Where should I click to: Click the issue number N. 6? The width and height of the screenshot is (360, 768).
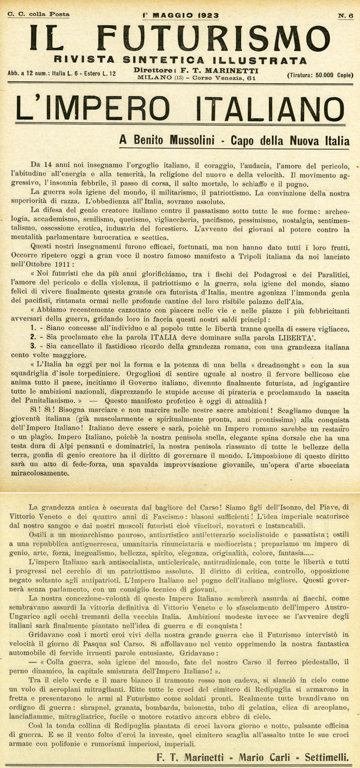[x=346, y=15]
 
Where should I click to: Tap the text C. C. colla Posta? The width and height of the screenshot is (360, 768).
[x=38, y=15]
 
